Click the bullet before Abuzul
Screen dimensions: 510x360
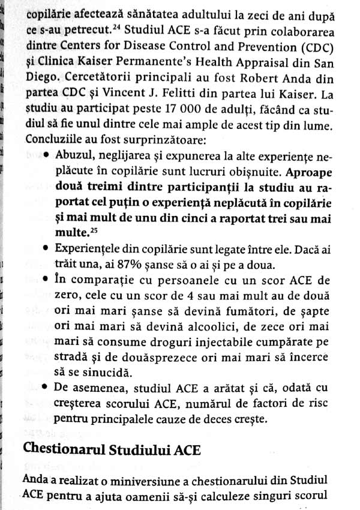(47, 156)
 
